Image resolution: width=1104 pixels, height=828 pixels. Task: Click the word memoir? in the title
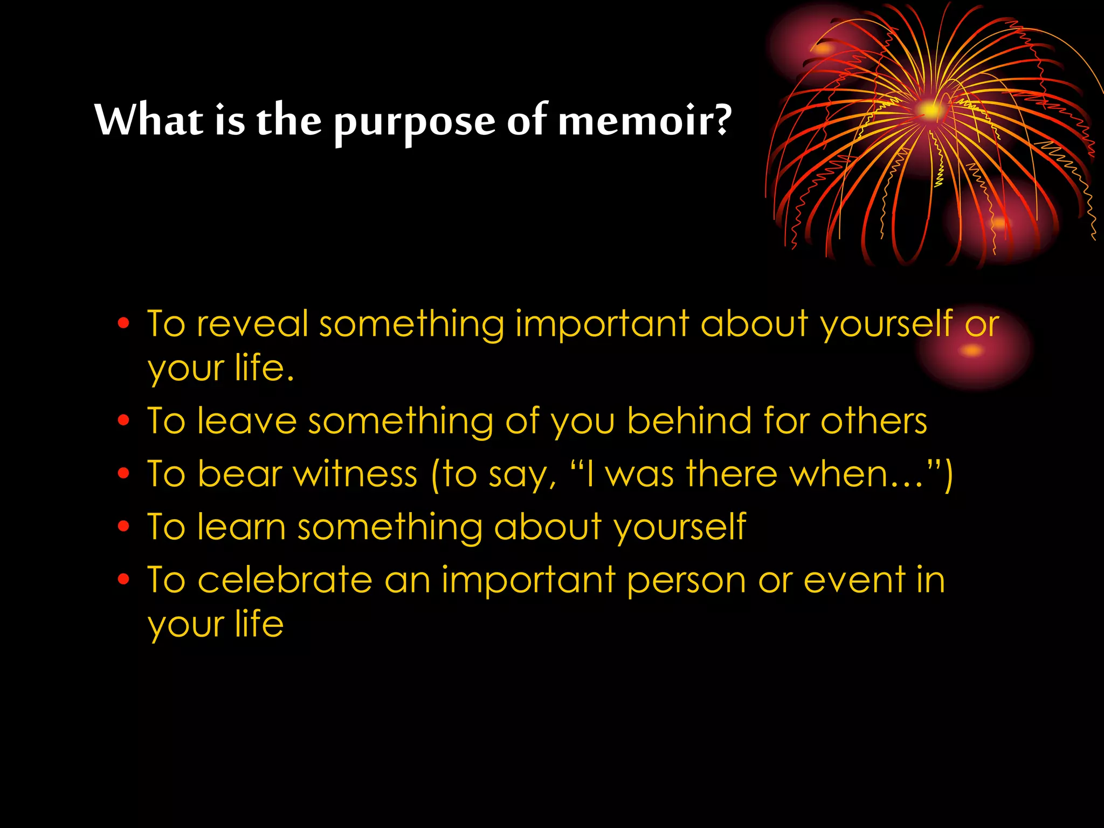point(645,120)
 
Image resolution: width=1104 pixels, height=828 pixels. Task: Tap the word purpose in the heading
point(414,122)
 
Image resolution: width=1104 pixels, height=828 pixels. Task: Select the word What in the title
point(149,119)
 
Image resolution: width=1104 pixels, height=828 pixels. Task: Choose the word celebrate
point(285,581)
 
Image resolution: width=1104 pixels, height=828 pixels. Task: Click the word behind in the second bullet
point(689,420)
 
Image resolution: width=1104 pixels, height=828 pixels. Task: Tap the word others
point(873,420)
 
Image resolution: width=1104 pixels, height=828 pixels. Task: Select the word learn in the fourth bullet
point(241,527)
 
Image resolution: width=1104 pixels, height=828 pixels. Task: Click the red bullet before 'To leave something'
point(124,420)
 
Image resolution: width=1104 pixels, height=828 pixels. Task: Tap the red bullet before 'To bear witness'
point(124,473)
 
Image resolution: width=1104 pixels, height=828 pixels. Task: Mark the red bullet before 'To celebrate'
point(124,579)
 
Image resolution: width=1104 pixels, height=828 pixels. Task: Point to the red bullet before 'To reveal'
point(124,323)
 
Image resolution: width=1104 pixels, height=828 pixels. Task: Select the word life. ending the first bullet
point(265,368)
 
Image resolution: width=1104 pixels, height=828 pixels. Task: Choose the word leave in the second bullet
point(247,420)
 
